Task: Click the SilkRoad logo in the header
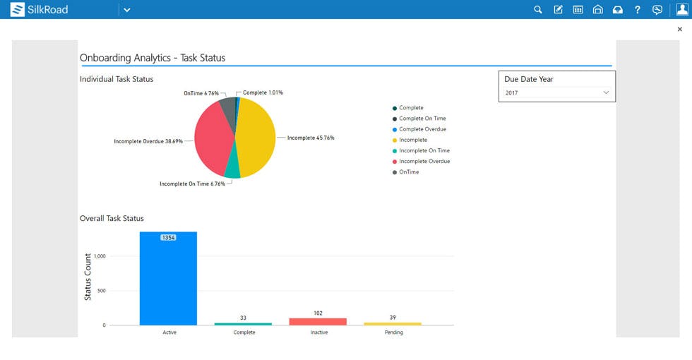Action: click(39, 10)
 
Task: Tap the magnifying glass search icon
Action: click(538, 10)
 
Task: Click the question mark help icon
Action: click(637, 10)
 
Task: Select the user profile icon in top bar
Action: click(681, 10)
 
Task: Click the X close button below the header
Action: click(680, 30)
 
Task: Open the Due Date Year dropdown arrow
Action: click(606, 92)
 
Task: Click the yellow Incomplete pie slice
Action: click(256, 138)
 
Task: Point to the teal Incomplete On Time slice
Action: click(232, 170)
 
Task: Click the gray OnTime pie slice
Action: click(227, 105)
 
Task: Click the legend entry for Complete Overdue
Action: click(422, 129)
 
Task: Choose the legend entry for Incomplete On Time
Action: click(424, 150)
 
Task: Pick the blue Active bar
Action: click(168, 282)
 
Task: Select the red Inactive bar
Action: click(318, 321)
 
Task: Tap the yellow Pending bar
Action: click(393, 324)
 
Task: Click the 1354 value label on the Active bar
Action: click(168, 238)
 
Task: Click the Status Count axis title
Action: click(88, 277)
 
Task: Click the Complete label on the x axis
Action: click(244, 332)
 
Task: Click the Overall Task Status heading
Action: click(112, 219)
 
